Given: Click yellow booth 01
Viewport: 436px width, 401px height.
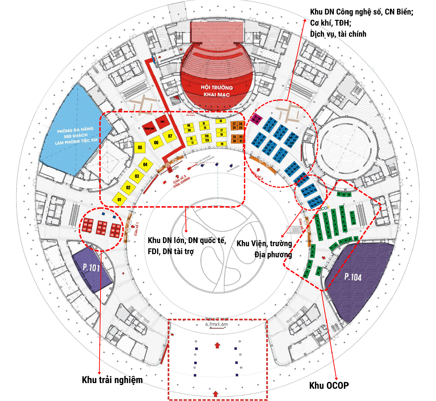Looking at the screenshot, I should point(119,199).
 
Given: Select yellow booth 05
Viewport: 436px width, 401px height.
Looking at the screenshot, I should point(140,147).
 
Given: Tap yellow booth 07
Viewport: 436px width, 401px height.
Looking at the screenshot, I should point(170,136).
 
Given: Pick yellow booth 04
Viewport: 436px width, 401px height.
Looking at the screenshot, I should point(145,164).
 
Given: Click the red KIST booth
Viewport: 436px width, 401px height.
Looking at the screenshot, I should point(163,122).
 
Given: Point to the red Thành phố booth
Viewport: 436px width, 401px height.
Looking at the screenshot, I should point(149,128).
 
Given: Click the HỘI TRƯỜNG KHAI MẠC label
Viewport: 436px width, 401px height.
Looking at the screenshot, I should point(217,91).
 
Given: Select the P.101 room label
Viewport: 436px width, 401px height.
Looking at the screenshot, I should point(91,267).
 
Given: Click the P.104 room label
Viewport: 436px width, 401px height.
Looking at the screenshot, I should point(353,277).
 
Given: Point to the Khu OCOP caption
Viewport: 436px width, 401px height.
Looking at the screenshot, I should point(329,385).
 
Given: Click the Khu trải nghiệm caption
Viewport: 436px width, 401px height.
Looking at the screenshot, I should point(112,380).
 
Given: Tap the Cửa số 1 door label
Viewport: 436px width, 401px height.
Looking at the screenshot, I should point(137,229).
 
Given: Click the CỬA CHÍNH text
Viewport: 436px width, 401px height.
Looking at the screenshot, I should point(181,182).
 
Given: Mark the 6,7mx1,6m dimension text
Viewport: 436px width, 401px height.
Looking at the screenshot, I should point(217,324).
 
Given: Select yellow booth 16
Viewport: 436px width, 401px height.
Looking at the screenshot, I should point(221,121).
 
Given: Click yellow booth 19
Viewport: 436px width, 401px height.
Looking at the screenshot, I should point(222,144).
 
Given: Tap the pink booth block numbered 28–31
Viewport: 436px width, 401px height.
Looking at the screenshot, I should point(256,119).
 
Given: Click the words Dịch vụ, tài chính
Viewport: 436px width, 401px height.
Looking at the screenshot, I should point(338,34).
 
